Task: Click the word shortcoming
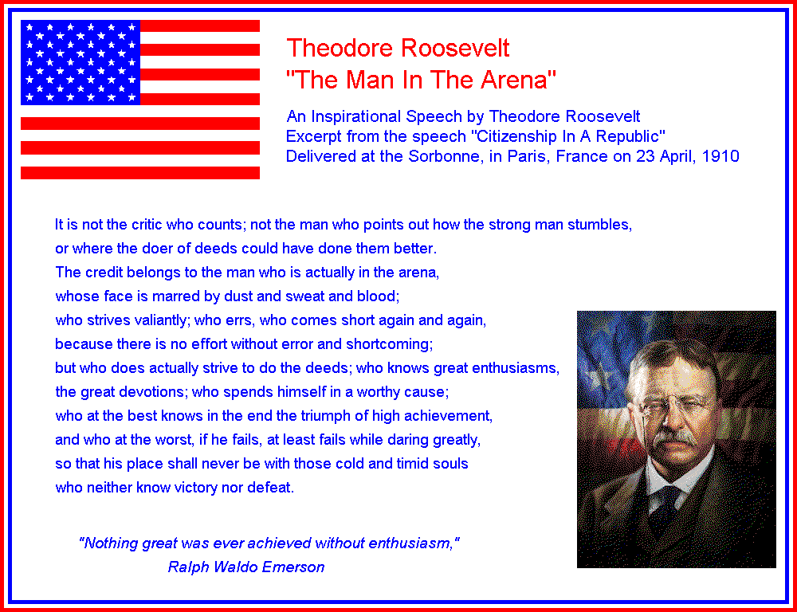tap(390, 344)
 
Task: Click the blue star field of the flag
tap(80, 62)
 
